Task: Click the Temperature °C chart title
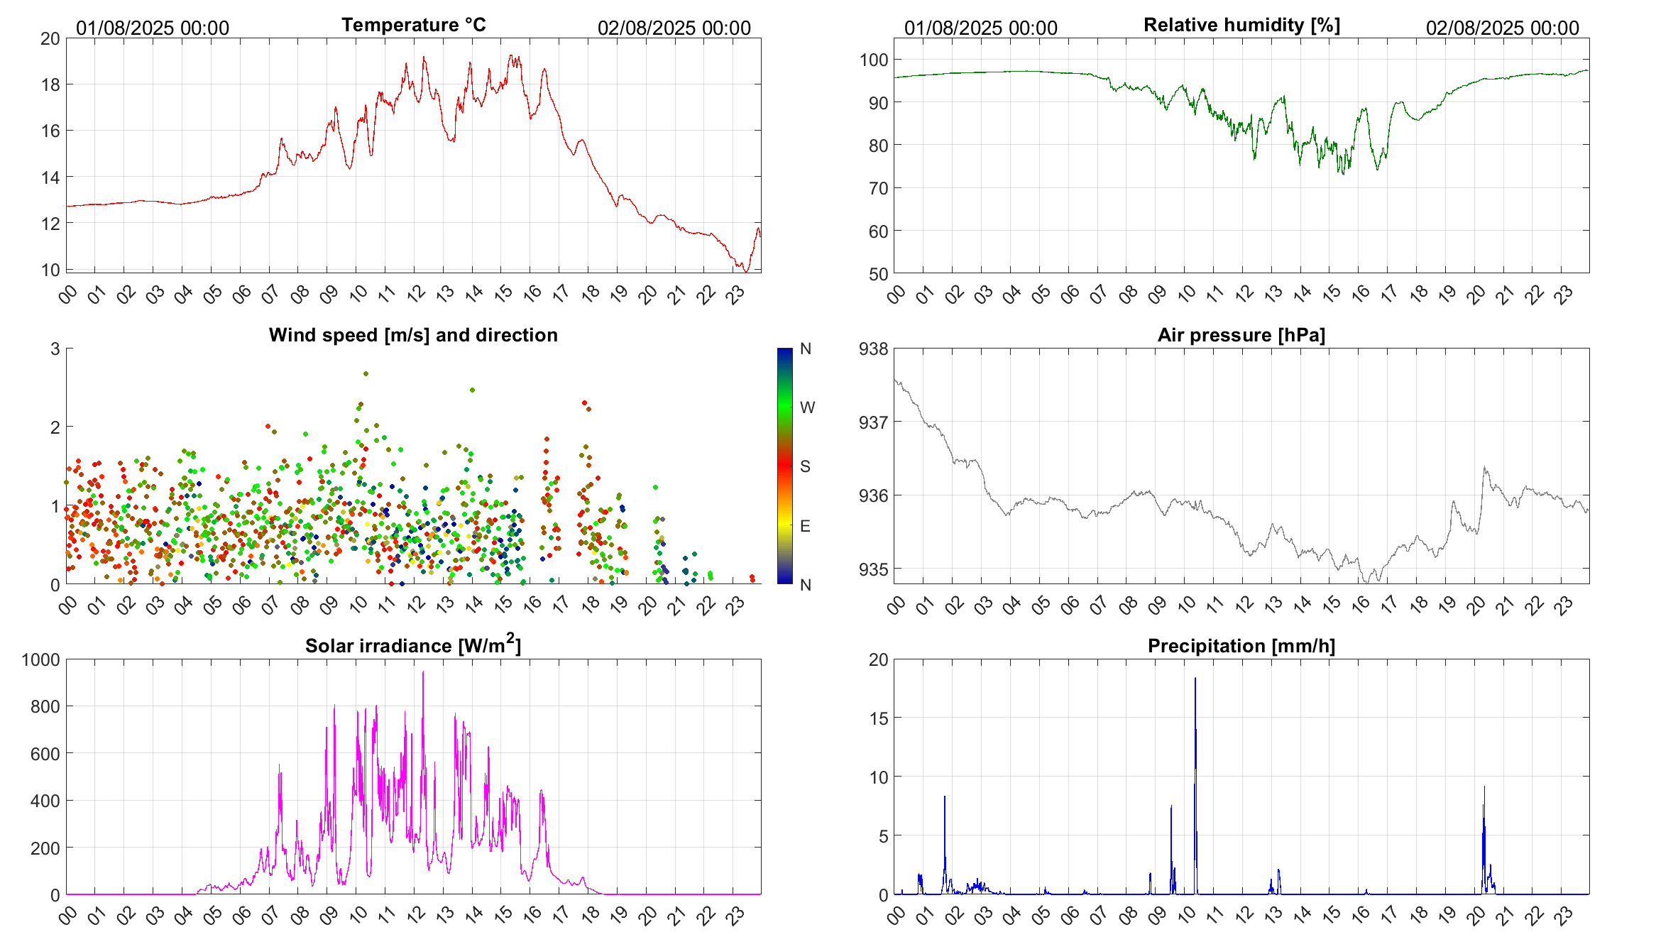[414, 25]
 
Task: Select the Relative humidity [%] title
[1241, 25]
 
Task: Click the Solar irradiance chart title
[413, 645]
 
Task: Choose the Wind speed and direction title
[413, 335]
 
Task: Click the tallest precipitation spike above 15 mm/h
[1195, 679]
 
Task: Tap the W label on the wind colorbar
[807, 407]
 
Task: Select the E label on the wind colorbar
[805, 526]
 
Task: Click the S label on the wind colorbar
[805, 466]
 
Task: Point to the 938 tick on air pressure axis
[873, 349]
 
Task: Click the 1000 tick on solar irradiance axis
[41, 659]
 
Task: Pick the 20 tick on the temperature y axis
[50, 38]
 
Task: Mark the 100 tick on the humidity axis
[874, 60]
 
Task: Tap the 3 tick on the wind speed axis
[55, 349]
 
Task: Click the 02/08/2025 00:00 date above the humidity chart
[1502, 28]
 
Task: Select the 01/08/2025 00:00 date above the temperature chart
[153, 28]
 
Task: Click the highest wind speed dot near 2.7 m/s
[366, 373]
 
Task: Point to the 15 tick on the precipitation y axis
[879, 718]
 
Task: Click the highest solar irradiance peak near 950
[423, 672]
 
